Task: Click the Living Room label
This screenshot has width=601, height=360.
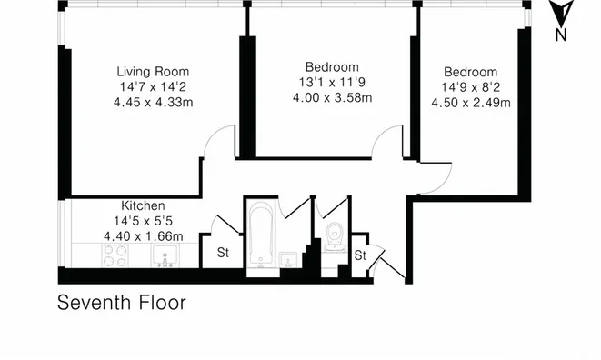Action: tap(153, 72)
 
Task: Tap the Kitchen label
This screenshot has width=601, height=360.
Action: tap(143, 205)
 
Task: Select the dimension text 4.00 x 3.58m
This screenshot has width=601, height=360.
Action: tap(332, 98)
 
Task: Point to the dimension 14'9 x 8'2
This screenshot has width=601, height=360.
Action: tap(471, 87)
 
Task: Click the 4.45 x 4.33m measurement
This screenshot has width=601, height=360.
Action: tap(154, 103)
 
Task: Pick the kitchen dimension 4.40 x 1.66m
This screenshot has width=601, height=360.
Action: tap(144, 236)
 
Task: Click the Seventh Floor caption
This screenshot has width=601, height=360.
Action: tap(122, 303)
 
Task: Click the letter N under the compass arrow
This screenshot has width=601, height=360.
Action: tap(561, 35)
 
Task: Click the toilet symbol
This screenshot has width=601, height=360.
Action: tap(334, 236)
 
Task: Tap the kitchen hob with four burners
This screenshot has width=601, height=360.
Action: tap(115, 255)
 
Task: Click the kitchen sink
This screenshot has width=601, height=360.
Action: tap(165, 255)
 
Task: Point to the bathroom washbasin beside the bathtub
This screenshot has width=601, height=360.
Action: tap(288, 260)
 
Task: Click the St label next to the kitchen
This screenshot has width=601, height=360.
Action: tap(223, 253)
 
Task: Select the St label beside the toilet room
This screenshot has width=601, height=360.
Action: tap(360, 255)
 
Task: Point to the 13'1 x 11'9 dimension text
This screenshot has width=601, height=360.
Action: tap(332, 82)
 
